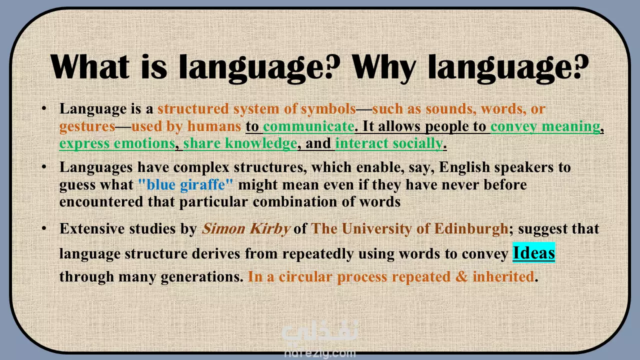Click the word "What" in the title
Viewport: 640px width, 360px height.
tap(89, 66)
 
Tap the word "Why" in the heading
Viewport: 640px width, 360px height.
tap(383, 69)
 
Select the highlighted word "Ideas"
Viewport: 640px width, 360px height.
tap(533, 252)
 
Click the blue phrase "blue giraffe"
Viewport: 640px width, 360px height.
tap(185, 184)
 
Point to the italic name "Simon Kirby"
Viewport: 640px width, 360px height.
tap(245, 228)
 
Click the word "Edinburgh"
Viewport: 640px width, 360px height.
tap(471, 228)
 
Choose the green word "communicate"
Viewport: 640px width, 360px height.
tap(308, 126)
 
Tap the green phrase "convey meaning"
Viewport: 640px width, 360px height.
tap(545, 126)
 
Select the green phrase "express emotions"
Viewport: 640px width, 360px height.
tap(117, 143)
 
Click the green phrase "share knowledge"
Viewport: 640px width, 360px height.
tap(240, 143)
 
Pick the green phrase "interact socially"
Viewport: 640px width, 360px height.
tap(389, 143)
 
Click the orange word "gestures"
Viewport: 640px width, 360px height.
tap(87, 126)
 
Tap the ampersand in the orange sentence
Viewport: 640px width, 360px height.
tap(461, 276)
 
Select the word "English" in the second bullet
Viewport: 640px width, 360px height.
tap(464, 167)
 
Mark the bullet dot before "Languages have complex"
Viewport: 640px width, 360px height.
tap(44, 166)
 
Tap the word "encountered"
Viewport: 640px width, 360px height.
tap(101, 201)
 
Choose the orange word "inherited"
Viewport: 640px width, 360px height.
tap(503, 276)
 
